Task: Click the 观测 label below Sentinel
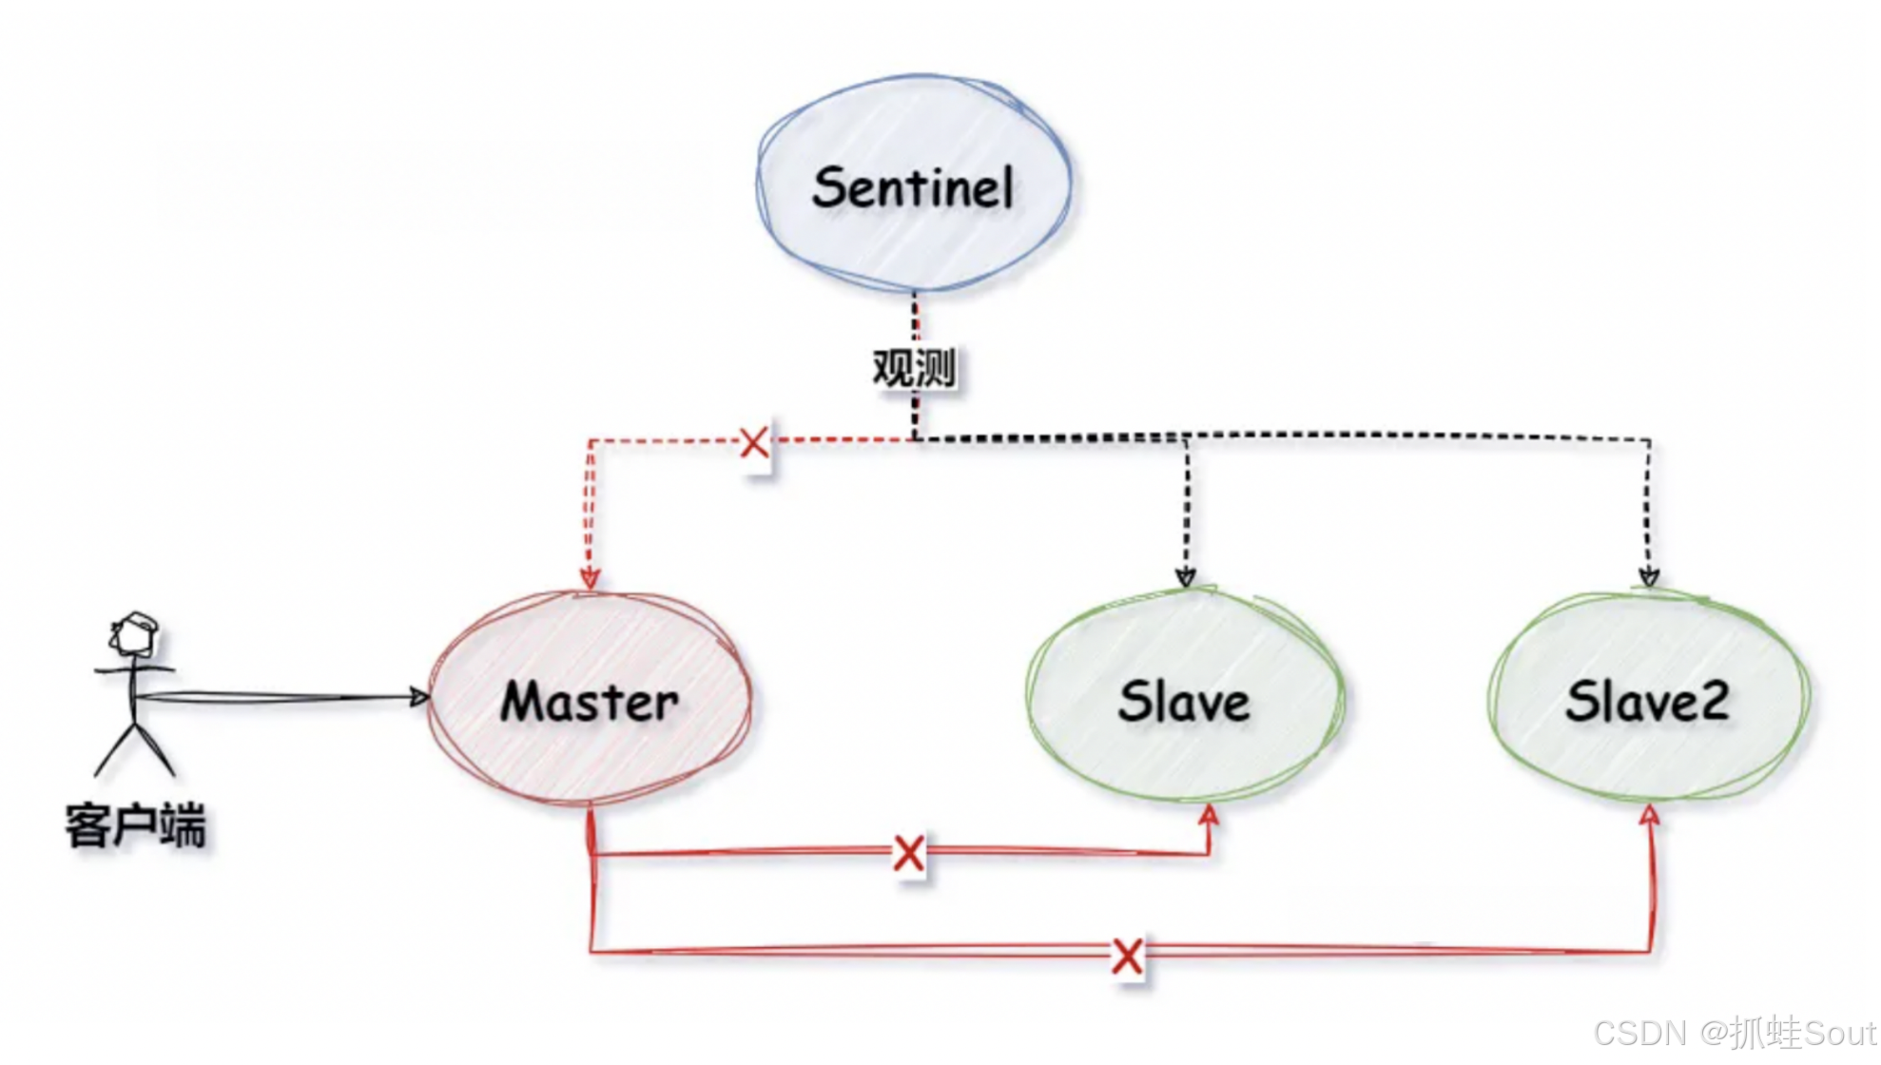[x=914, y=368]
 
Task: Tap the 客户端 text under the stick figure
[x=135, y=824]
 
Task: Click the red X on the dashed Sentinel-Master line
[x=754, y=442]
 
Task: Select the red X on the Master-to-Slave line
[x=909, y=853]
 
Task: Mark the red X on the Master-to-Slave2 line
[x=1127, y=956]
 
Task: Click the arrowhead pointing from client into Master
[x=418, y=697]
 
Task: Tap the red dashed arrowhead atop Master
[x=590, y=577]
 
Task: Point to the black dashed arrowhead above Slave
[x=1185, y=576]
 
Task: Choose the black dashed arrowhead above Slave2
[x=1649, y=576]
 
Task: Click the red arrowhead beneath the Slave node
[x=1209, y=815]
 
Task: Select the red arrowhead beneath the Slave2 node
[x=1650, y=815]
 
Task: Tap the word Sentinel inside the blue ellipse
[x=913, y=186]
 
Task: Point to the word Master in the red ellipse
[x=590, y=702]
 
